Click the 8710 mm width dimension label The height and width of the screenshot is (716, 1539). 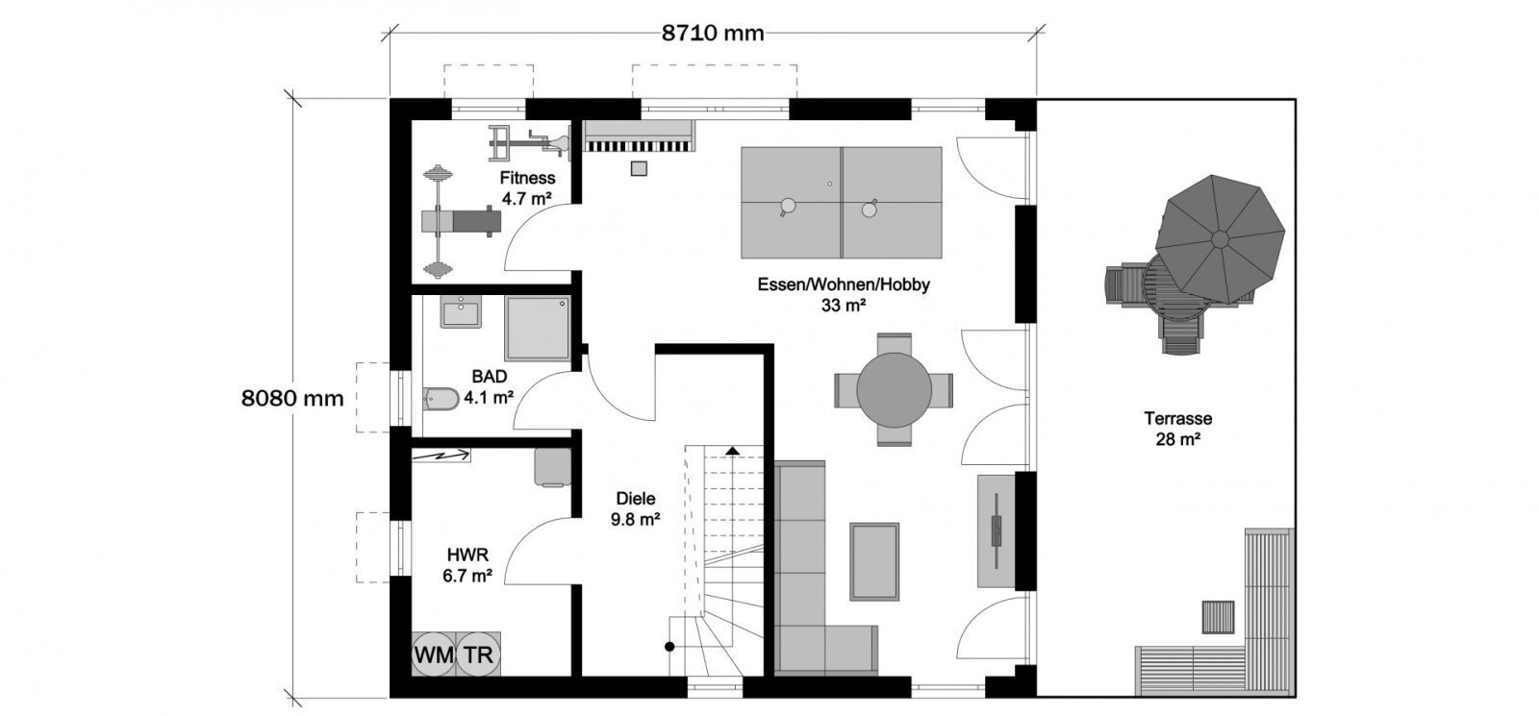point(713,33)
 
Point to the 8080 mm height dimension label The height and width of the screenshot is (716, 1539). point(292,398)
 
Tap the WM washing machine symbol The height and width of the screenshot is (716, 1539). point(434,654)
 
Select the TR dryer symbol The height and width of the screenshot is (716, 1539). point(478,654)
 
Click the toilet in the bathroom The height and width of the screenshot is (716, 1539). point(442,398)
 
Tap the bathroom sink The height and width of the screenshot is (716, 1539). point(461,312)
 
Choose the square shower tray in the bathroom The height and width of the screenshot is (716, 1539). point(538,328)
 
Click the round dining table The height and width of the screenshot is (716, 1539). point(894,390)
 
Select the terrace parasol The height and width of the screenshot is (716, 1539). point(1220,239)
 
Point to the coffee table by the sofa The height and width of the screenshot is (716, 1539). point(874,561)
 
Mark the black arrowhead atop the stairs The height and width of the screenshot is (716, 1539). point(732,451)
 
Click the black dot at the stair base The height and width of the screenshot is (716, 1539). point(669,647)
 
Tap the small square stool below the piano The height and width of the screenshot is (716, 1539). point(639,168)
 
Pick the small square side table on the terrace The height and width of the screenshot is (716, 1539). point(1218,616)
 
